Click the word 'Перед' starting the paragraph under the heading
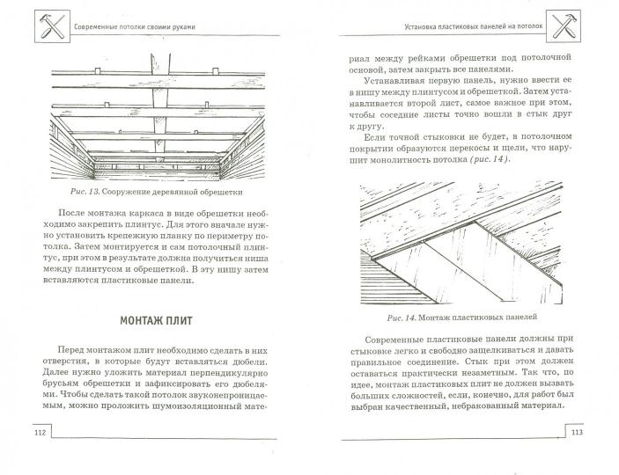click(82, 350)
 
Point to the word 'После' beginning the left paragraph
click(80, 214)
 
